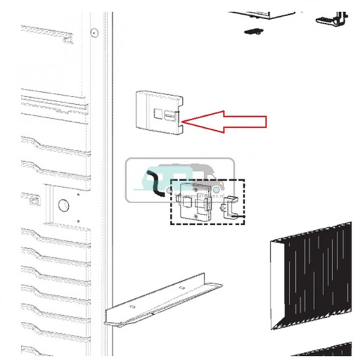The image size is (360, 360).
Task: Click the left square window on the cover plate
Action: [158, 115]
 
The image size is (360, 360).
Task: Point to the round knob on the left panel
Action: [62, 205]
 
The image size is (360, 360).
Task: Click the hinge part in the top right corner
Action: [332, 17]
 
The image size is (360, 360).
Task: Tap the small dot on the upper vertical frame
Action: [94, 30]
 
